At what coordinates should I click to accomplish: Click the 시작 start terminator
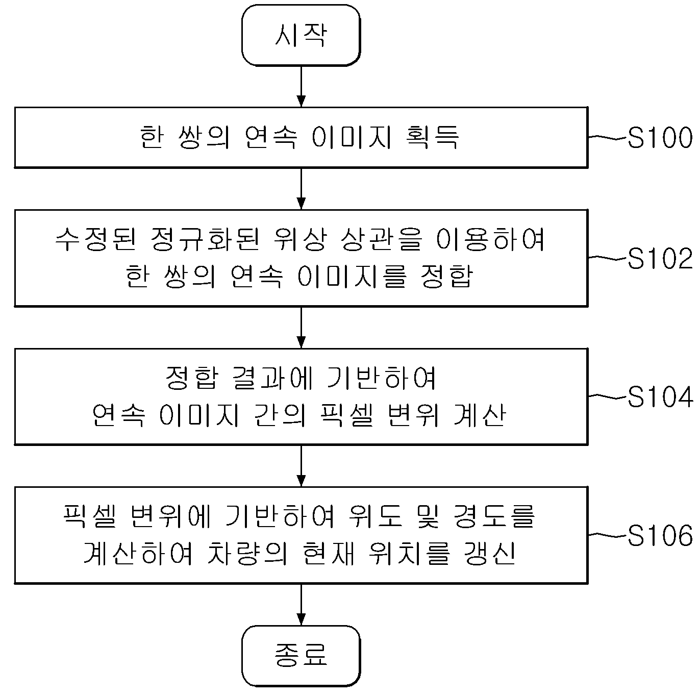tap(301, 35)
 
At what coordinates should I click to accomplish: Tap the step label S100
tap(660, 138)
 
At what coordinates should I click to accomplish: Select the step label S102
tap(660, 259)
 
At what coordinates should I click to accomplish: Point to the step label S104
tap(660, 397)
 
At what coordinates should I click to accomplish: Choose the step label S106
tap(660, 535)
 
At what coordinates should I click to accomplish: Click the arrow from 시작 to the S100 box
tap(301, 87)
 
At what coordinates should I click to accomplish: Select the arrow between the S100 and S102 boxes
tap(301, 189)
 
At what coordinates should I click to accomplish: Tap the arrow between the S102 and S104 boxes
tap(301, 328)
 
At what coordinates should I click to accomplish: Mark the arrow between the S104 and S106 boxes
tap(301, 466)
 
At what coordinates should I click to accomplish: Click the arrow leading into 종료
tap(301, 605)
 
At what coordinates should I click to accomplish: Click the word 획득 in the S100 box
tap(432, 137)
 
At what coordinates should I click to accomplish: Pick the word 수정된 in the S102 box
tap(96, 239)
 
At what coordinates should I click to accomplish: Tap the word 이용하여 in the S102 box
tap(490, 239)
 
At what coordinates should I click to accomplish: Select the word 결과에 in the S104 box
tap(272, 378)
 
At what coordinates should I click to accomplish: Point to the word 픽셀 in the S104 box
tap(347, 415)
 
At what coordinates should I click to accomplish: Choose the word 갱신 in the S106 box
tap(490, 554)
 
